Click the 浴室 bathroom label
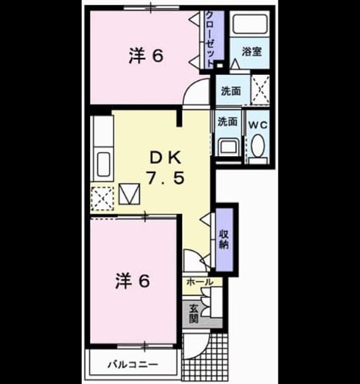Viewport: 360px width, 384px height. point(252,52)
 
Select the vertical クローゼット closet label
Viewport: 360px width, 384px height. point(210,39)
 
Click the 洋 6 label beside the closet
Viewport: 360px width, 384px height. point(146,56)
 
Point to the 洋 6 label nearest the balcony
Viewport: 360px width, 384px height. point(132,281)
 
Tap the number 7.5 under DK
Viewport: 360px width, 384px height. point(165,178)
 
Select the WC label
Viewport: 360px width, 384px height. point(258,125)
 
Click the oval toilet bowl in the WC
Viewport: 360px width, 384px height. point(258,146)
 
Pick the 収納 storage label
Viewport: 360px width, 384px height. point(224,240)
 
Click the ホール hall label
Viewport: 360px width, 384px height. point(200,282)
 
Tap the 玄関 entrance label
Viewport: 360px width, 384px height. point(194,313)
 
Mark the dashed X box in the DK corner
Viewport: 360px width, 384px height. point(102,199)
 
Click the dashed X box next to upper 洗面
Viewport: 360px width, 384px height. point(261,90)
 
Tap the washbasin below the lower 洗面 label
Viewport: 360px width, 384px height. point(228,146)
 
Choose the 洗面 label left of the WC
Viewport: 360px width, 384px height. point(228,121)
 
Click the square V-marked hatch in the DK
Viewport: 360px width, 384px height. point(130,194)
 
